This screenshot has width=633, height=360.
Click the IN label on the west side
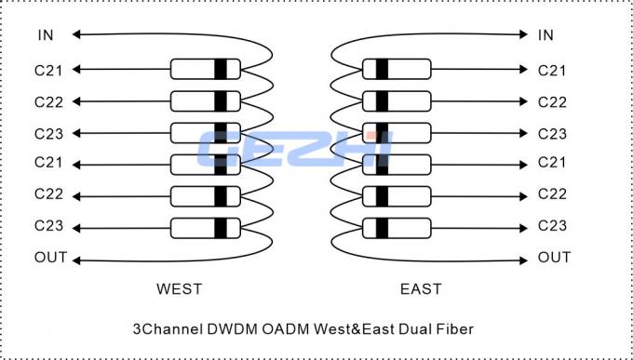click(x=47, y=35)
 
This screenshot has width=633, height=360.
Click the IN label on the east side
click(x=545, y=35)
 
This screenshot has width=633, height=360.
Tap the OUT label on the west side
click(x=50, y=258)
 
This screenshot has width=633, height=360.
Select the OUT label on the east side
click(x=554, y=258)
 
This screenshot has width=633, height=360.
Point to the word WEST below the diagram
click(x=179, y=288)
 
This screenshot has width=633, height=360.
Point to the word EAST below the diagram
click(x=421, y=288)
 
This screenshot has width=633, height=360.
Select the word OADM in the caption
click(x=301, y=328)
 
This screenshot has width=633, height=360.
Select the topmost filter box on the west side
click(x=205, y=69)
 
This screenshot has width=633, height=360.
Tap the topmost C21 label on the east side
click(x=552, y=70)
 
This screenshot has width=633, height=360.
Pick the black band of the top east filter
click(x=382, y=69)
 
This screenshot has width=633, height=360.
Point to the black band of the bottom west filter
click(x=221, y=227)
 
